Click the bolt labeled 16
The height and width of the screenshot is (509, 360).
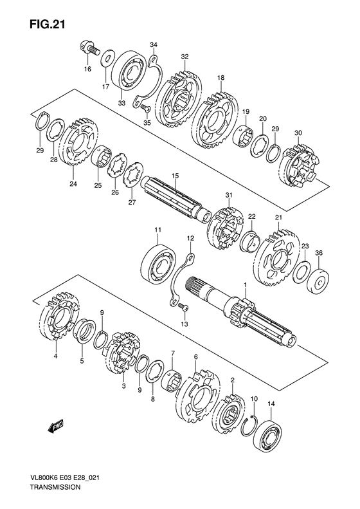pos(89,47)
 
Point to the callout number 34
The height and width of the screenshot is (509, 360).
pos(153,44)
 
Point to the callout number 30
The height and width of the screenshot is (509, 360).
pos(297,133)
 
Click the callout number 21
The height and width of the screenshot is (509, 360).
pos(278,217)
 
